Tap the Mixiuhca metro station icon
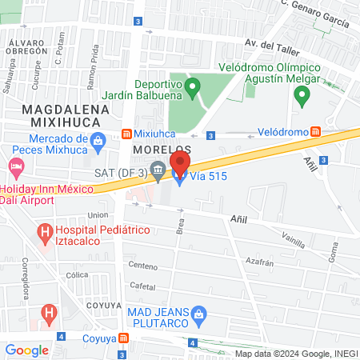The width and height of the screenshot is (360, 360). [126, 133]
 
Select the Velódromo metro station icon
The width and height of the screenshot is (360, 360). [316, 131]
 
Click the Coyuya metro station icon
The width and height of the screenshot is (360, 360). [122, 338]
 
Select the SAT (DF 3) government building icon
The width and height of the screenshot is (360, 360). [158, 169]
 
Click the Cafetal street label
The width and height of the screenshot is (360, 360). [142, 285]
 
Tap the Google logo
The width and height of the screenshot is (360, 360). [27, 350]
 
